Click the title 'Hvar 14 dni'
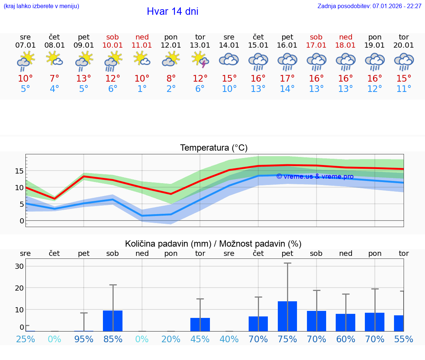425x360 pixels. [x=172, y=11]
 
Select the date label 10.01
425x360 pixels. [x=113, y=45]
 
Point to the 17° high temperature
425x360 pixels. [x=287, y=79]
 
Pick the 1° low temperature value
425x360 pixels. [x=142, y=89]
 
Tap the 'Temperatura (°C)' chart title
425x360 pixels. [x=214, y=148]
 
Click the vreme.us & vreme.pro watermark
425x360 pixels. [x=315, y=176]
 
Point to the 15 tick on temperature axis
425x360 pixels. [x=19, y=171]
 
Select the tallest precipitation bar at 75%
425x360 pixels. [x=287, y=316]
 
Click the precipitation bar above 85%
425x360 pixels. [x=113, y=320]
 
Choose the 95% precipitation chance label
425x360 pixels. [x=84, y=339]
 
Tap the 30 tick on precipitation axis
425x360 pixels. [x=19, y=266]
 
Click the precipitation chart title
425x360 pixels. [x=213, y=244]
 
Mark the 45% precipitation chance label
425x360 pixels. [x=200, y=339]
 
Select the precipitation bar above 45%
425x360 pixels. [x=200, y=324]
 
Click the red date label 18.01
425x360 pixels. [x=345, y=45]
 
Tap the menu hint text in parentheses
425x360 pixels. [x=41, y=6]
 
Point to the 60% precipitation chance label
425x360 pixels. [x=345, y=339]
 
